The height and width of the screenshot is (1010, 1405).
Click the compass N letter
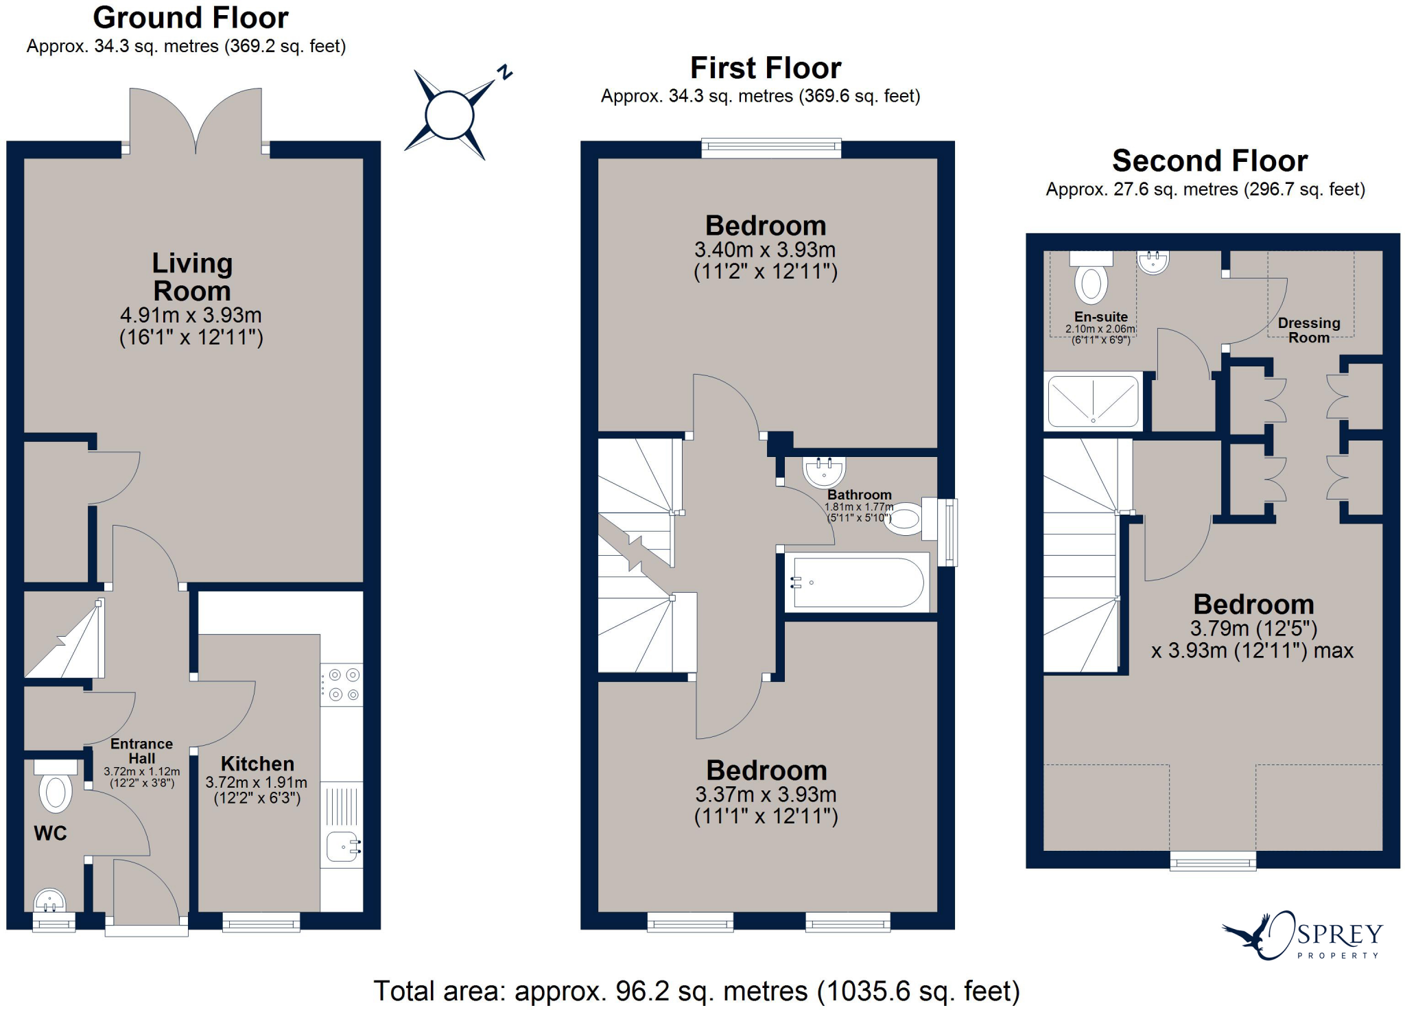pyautogui.click(x=506, y=72)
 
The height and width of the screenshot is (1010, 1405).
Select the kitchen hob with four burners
pyautogui.click(x=342, y=684)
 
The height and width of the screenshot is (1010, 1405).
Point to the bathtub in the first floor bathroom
pyautogui.click(x=858, y=583)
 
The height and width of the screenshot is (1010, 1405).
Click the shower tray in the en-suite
pyautogui.click(x=1093, y=401)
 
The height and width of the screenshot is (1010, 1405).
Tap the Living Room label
pyautogui.click(x=192, y=277)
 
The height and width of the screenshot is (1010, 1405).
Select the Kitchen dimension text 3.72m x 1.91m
pyautogui.click(x=257, y=782)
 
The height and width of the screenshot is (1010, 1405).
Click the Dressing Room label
pyautogui.click(x=1308, y=330)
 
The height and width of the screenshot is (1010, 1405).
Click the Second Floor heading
pyautogui.click(x=1209, y=161)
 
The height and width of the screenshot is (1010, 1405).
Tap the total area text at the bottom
pyautogui.click(x=696, y=991)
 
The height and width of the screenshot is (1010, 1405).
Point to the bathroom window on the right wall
pyautogui.click(x=947, y=532)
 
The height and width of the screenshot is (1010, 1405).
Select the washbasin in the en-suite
pyautogui.click(x=1153, y=262)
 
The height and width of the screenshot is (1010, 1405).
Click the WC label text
pyautogui.click(x=50, y=834)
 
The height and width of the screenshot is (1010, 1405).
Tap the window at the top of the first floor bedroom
pyautogui.click(x=771, y=148)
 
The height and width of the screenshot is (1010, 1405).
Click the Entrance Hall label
pyautogui.click(x=141, y=751)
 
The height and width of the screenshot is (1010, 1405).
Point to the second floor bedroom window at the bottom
pyautogui.click(x=1213, y=861)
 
